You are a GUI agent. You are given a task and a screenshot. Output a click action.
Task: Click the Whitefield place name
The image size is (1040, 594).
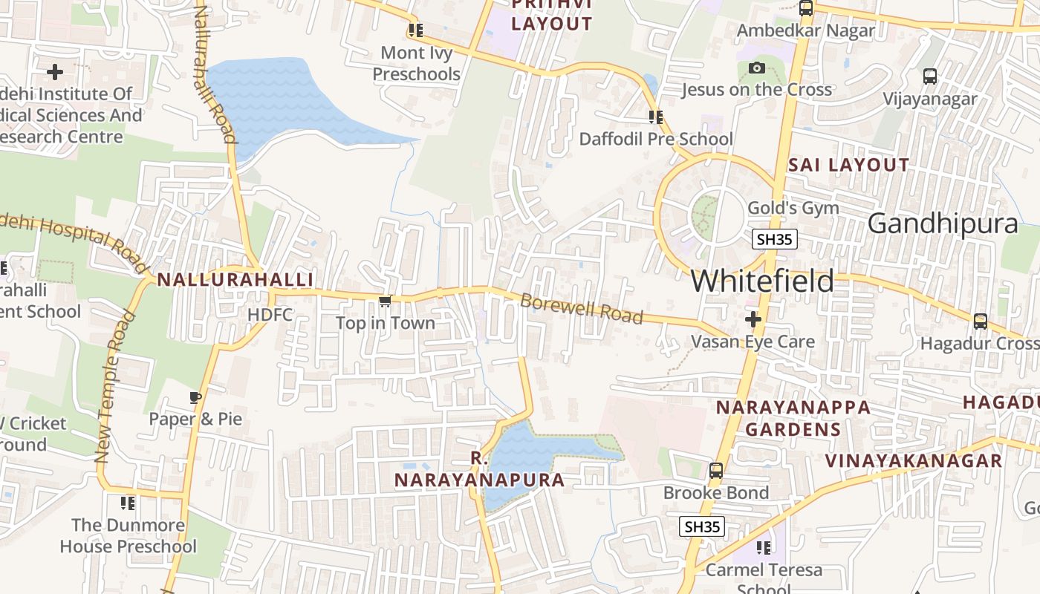click(x=762, y=281)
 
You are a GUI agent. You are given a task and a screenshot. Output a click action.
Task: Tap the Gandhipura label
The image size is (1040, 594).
click(x=942, y=223)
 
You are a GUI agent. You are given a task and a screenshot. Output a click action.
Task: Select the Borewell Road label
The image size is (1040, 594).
click(x=581, y=309)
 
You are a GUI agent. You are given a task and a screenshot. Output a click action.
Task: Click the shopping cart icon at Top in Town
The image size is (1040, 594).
click(x=385, y=301)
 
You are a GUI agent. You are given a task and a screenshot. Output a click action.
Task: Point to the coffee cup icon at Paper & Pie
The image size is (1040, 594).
click(x=195, y=397)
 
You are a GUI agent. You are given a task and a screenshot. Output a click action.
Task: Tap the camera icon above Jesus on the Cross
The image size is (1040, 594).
click(x=756, y=68)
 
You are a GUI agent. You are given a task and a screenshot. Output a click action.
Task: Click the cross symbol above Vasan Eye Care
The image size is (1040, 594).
click(x=753, y=319)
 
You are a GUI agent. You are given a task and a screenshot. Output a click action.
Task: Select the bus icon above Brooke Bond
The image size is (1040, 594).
click(x=715, y=471)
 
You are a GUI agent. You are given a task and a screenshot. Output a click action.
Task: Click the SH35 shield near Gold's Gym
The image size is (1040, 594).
click(x=775, y=239)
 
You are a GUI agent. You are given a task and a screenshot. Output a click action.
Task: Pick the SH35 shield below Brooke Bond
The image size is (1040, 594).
click(x=702, y=526)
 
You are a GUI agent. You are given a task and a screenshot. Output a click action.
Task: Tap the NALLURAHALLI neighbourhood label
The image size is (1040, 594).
click(x=235, y=280)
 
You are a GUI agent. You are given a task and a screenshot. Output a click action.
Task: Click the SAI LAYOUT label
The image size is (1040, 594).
click(x=848, y=165)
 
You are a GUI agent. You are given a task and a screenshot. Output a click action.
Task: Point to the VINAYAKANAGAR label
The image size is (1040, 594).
click(x=914, y=460)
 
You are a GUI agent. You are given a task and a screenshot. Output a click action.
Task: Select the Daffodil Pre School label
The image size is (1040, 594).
click(x=656, y=139)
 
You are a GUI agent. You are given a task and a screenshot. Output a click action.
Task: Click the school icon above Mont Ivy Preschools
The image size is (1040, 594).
click(x=415, y=30)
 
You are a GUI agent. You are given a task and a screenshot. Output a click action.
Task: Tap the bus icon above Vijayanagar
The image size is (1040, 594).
click(x=929, y=76)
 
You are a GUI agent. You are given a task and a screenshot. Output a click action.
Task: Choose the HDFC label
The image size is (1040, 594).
click(x=270, y=315)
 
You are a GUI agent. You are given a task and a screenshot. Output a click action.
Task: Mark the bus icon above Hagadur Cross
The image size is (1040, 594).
click(x=981, y=321)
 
